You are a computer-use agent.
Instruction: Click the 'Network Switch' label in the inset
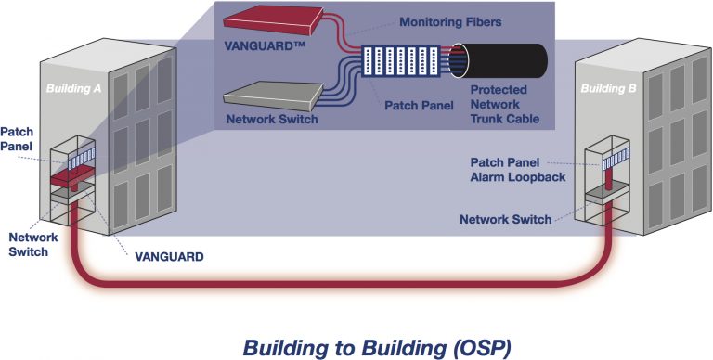tap(272, 120)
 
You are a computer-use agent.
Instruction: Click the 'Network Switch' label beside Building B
tap(506, 219)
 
